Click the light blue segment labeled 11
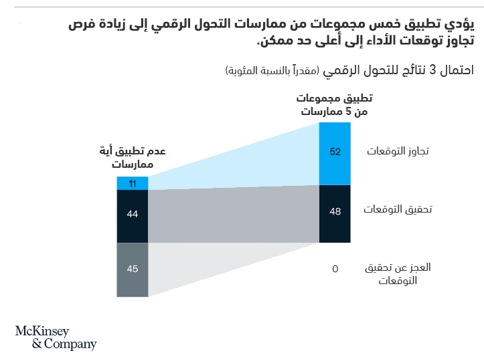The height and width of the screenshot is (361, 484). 133,183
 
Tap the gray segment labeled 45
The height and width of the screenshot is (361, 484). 133,269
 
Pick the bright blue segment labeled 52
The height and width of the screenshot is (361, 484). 335,152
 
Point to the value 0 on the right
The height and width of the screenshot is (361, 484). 335,269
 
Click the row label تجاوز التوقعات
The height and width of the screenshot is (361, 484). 398,152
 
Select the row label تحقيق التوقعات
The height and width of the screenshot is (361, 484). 398,209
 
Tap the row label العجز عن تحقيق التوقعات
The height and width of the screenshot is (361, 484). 398,273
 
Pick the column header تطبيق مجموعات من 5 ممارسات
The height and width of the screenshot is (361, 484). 335,105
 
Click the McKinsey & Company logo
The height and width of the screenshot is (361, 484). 56,338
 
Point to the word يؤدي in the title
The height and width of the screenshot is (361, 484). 460,25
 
